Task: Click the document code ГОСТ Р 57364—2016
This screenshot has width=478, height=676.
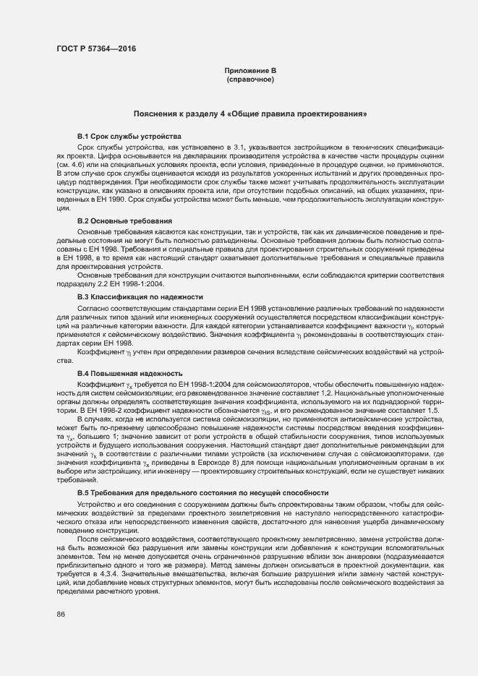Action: [95, 49]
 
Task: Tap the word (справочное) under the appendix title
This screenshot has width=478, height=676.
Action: [250, 79]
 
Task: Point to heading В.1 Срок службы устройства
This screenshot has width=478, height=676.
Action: [129, 137]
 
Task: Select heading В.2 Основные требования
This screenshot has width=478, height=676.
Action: [124, 220]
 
